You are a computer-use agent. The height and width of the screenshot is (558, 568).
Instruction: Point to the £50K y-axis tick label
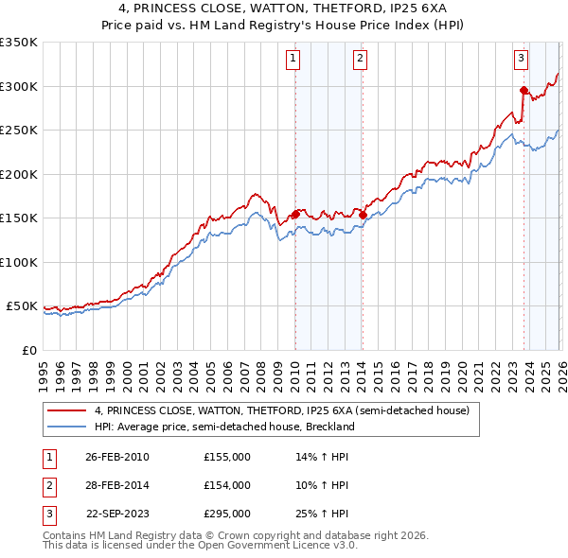tap(21, 306)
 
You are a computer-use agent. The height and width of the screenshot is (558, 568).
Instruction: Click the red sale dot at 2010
tap(295, 215)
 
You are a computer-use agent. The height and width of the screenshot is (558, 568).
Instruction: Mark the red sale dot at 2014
tap(363, 216)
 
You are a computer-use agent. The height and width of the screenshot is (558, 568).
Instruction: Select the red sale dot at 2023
tap(524, 91)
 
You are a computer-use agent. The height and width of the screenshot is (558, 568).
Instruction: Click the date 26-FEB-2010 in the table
tap(117, 457)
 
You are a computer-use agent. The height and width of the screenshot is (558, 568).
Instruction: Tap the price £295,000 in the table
tap(227, 514)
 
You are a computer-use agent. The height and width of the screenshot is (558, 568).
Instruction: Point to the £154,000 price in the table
tap(227, 485)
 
